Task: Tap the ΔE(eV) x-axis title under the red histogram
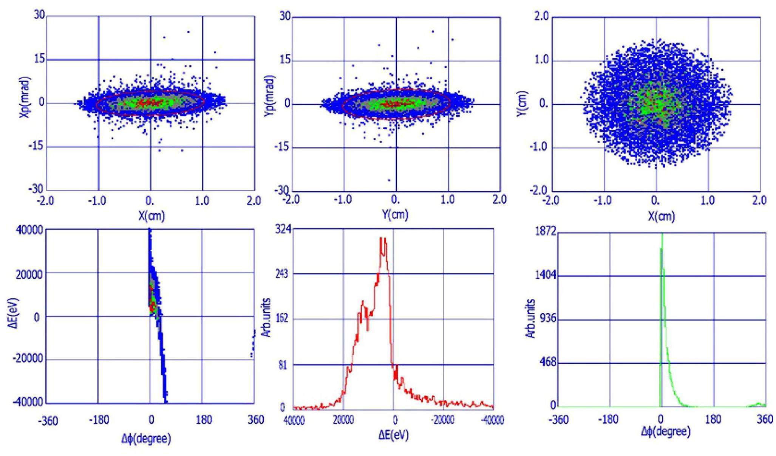pyautogui.click(x=394, y=434)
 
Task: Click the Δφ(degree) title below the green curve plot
pyautogui.click(x=666, y=431)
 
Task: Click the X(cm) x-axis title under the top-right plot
pyautogui.click(x=661, y=216)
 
